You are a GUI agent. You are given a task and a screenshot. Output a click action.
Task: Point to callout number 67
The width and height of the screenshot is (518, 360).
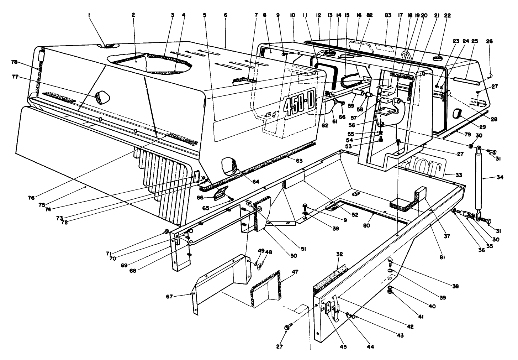click(x=171, y=297)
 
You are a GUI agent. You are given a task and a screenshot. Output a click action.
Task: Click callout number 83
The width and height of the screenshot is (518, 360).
click(x=388, y=15)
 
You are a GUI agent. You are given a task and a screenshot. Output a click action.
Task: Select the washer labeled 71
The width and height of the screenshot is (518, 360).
click(x=166, y=232)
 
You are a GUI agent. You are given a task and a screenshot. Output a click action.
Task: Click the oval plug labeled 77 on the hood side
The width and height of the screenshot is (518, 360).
click(x=102, y=96)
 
